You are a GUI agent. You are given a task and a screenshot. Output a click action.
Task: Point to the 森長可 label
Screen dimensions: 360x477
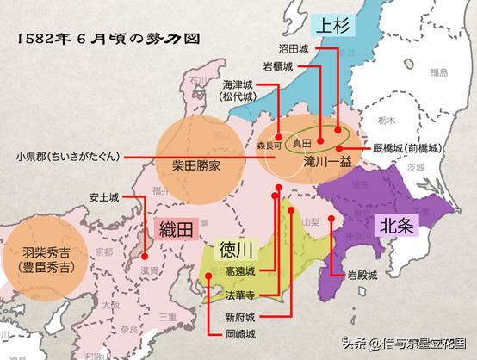(270, 146)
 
